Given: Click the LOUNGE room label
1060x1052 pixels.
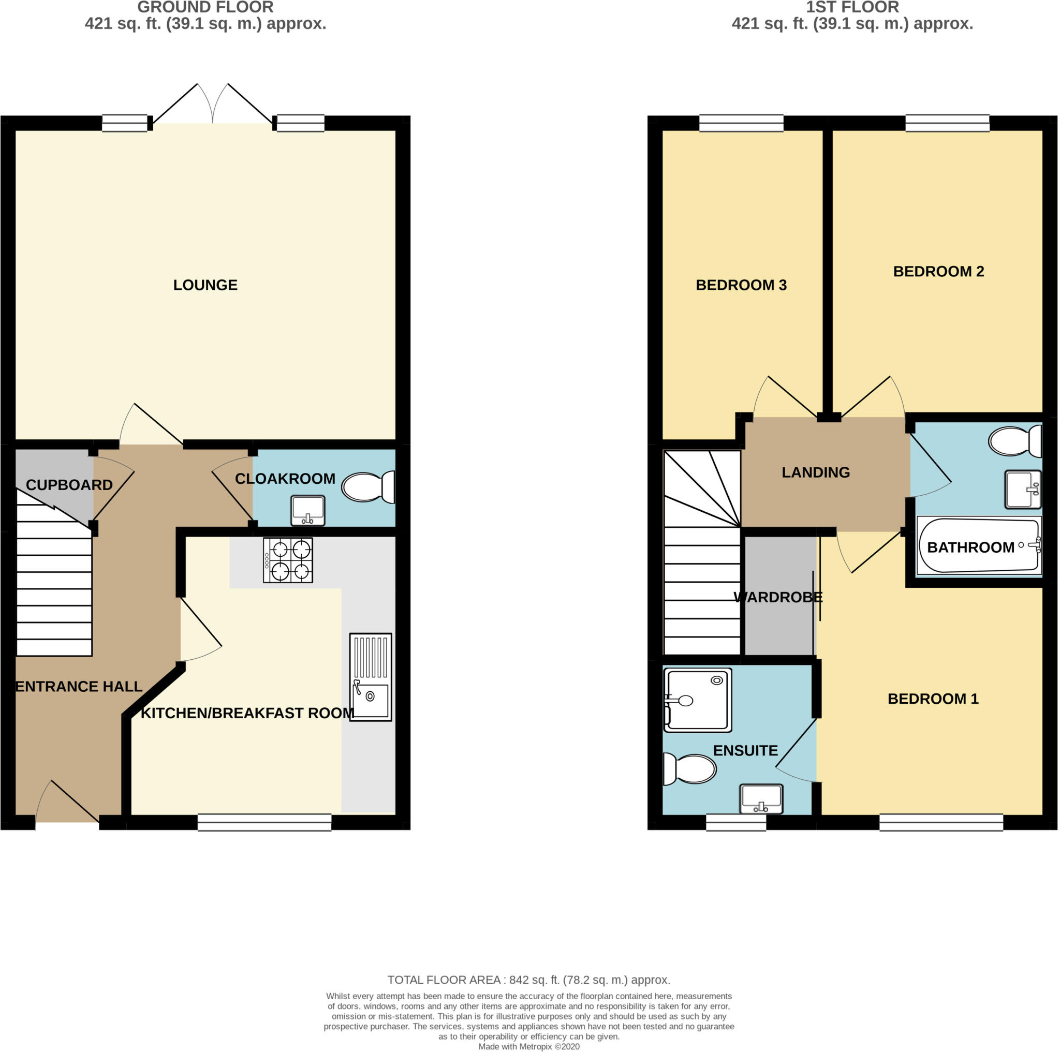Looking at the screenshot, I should pyautogui.click(x=205, y=285).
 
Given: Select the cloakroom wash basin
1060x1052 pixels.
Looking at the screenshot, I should pyautogui.click(x=308, y=510).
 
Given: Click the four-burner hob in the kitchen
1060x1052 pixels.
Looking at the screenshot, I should pyautogui.click(x=288, y=560).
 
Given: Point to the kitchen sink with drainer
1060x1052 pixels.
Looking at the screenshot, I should pyautogui.click(x=371, y=677).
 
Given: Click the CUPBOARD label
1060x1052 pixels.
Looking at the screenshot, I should pyautogui.click(x=69, y=485).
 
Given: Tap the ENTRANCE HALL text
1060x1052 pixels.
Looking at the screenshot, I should pyautogui.click(x=79, y=686).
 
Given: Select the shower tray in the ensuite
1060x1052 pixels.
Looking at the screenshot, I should pyautogui.click(x=697, y=700).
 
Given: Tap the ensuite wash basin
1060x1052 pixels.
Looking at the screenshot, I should pyautogui.click(x=761, y=799).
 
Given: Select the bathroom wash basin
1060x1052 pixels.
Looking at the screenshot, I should pyautogui.click(x=1023, y=489).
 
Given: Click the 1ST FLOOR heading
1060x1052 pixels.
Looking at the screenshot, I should pyautogui.click(x=852, y=7).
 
